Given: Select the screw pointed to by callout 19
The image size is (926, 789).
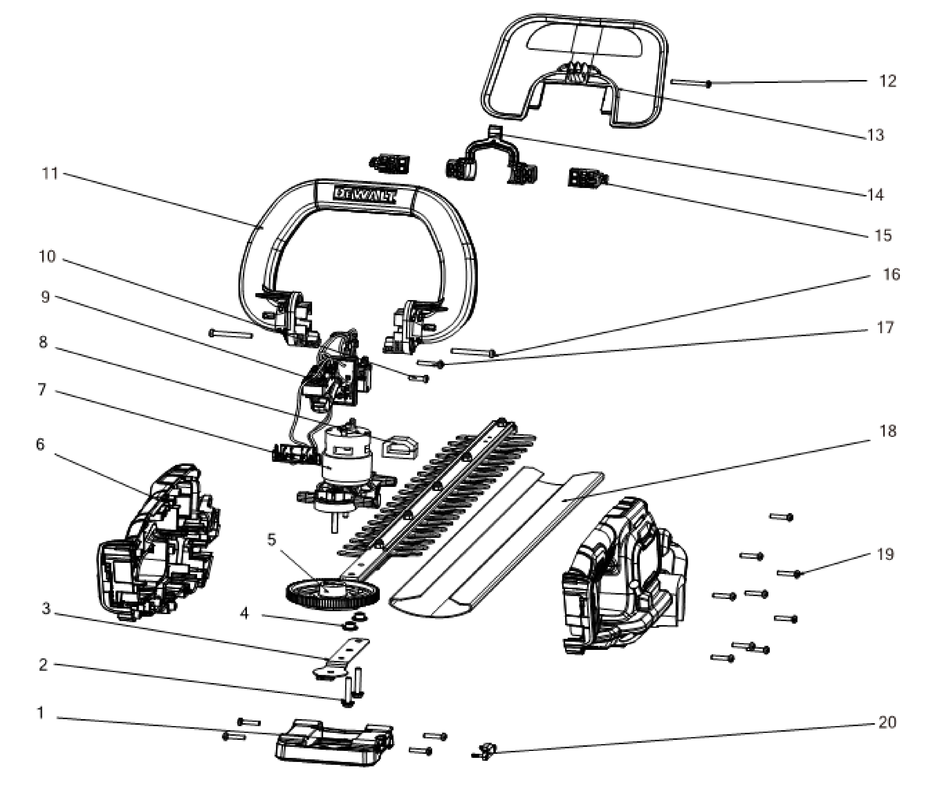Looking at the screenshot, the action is (789, 573).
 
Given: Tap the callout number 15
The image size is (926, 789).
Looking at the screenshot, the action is (883, 235).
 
